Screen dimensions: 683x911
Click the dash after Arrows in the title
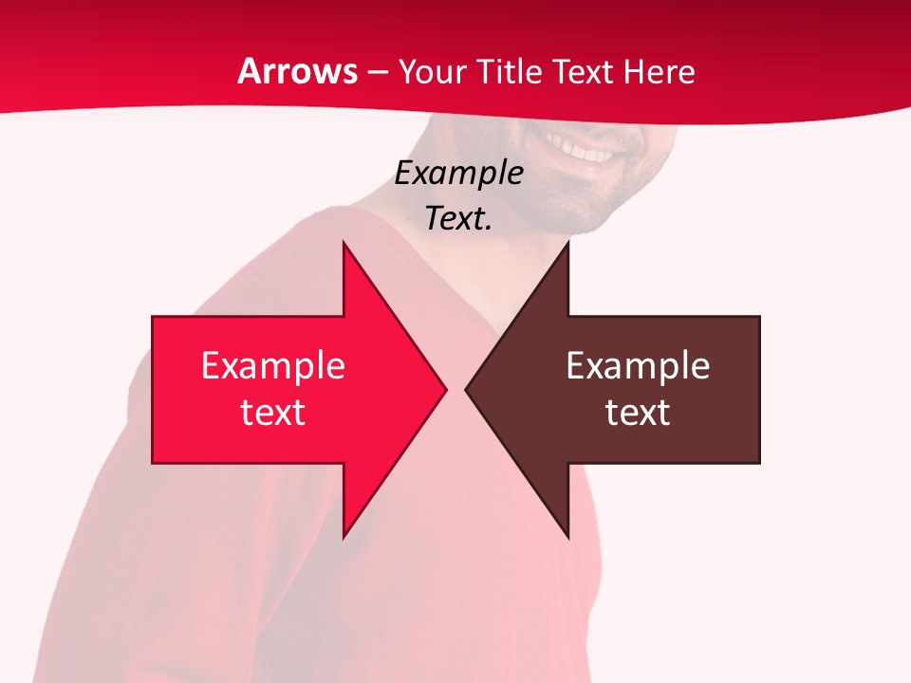[378, 72]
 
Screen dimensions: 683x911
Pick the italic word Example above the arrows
[459, 173]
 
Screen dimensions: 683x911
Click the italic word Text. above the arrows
[459, 218]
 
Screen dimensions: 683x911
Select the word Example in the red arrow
[273, 365]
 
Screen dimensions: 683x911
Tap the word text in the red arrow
[273, 412]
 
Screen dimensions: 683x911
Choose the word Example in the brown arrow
[638, 365]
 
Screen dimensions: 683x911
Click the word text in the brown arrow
[638, 412]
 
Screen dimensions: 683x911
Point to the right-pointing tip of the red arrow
[445, 389]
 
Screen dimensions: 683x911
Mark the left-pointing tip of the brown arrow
[467, 389]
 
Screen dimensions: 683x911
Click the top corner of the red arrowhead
[344, 243]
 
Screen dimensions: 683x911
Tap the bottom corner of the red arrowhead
[344, 537]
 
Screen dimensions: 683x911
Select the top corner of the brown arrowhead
[567, 243]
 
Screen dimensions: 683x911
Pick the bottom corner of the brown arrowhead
[567, 537]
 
